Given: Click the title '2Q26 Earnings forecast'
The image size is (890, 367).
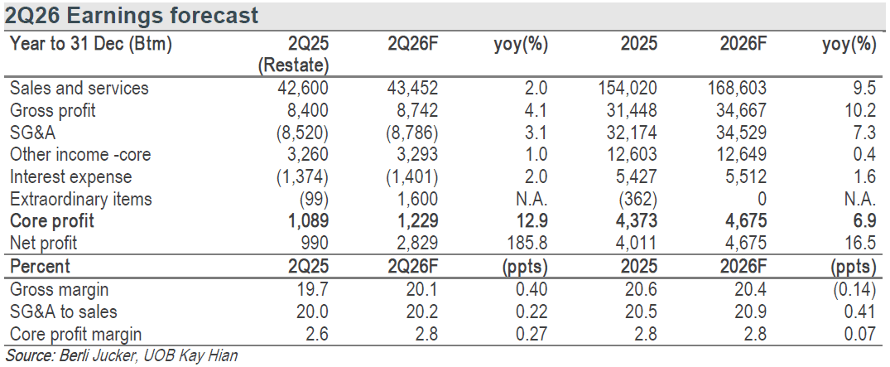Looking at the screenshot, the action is coord(132,16).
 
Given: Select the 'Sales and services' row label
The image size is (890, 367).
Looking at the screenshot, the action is coord(79,88).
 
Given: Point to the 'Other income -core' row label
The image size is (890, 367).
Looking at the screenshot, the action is coord(80,155).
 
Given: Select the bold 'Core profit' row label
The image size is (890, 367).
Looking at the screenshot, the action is coord(52,221).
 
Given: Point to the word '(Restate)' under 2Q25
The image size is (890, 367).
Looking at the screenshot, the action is coord(293,66).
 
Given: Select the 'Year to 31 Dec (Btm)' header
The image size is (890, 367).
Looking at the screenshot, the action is coord(91,44).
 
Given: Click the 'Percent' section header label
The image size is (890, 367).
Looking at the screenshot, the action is coord(41,267).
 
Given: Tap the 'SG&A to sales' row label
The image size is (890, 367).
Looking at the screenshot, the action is coord(64,311).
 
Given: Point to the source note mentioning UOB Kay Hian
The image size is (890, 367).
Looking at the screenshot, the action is coord(121,355).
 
